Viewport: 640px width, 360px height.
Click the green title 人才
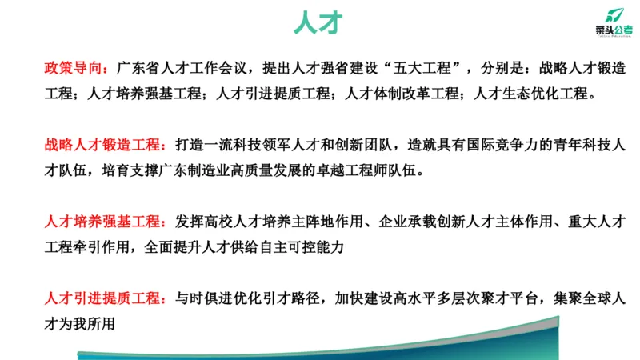[x=319, y=22]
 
